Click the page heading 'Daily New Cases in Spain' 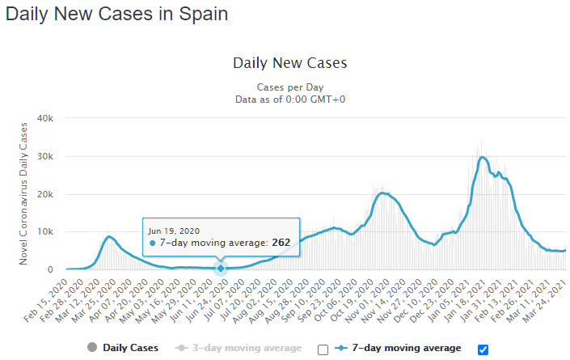(x=116, y=14)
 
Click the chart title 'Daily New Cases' (x=289, y=62)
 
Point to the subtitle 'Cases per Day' (x=289, y=87)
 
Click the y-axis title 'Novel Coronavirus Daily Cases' (x=24, y=193)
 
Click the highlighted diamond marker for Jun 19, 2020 (x=221, y=269)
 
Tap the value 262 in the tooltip (x=281, y=243)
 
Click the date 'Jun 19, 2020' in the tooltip (x=174, y=231)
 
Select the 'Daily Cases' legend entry (x=122, y=348)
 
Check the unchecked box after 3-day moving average (x=323, y=349)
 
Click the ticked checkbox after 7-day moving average (x=483, y=349)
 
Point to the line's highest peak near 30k (x=483, y=157)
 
